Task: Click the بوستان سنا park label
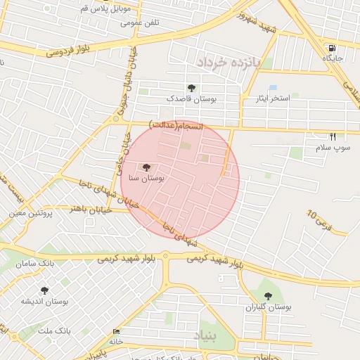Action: tap(146, 179)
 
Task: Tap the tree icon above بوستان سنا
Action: tap(146, 167)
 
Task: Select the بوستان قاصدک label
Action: tap(191, 99)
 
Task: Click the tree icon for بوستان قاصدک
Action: tap(191, 88)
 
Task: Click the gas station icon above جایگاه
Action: tap(330, 48)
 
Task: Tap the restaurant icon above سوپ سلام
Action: tap(333, 136)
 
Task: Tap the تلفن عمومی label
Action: tap(140, 22)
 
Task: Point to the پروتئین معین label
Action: tap(32, 212)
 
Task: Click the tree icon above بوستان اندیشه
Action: tap(45, 290)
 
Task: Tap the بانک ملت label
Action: tap(53, 330)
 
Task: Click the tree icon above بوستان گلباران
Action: tap(267, 296)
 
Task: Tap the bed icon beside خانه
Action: tap(116, 332)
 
